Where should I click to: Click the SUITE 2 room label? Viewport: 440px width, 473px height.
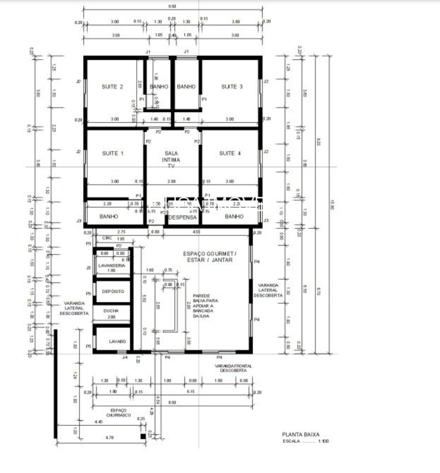coord(113,87)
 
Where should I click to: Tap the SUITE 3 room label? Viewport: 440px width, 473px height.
coord(232,87)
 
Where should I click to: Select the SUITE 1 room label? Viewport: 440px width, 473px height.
coord(113,153)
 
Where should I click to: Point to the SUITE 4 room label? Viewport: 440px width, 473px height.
coord(230,153)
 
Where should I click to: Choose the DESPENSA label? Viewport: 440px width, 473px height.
coord(182,217)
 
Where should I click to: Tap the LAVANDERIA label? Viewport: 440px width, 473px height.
coord(112,266)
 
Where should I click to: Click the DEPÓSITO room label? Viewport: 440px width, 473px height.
coord(113,291)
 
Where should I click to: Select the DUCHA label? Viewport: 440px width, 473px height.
coord(111,311)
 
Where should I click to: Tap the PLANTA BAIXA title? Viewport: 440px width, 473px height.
coord(301,434)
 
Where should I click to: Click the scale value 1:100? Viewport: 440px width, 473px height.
coord(324,441)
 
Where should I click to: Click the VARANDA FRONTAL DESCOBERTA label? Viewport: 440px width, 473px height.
coord(233,369)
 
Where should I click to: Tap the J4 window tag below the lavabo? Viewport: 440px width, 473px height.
coord(125,358)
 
